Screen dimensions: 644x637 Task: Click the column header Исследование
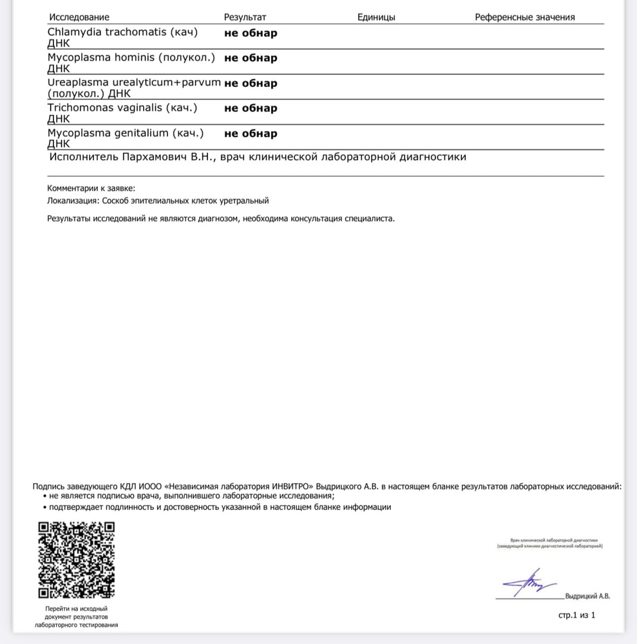tap(79, 17)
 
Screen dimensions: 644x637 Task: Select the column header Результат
tap(245, 17)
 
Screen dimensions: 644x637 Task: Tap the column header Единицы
tap(376, 17)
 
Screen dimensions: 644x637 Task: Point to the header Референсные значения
tap(524, 17)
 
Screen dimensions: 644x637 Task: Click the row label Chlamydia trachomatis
tap(122, 32)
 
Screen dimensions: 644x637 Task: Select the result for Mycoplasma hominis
tap(251, 58)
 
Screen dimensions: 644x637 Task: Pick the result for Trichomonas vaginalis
tap(251, 108)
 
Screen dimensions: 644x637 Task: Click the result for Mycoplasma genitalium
tap(251, 134)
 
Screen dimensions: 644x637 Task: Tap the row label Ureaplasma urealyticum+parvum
tap(134, 83)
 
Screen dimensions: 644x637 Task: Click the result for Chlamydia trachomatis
tap(251, 33)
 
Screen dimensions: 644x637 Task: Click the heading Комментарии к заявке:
tap(91, 188)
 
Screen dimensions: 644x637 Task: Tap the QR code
tap(77, 560)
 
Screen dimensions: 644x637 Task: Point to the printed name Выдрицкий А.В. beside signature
tap(587, 596)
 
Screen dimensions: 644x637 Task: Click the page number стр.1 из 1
tap(576, 616)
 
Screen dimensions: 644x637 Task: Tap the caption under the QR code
tap(77, 616)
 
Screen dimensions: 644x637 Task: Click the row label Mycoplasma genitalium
tap(126, 133)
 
